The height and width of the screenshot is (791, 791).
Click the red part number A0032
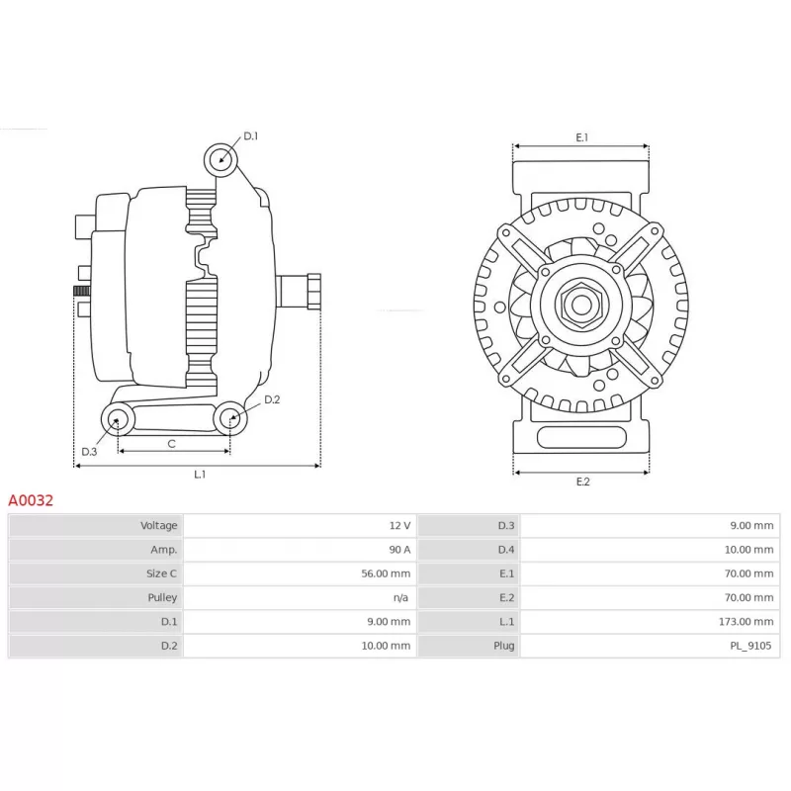[31, 500]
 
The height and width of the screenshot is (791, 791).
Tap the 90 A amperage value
[399, 550]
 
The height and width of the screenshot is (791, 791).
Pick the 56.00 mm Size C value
[386, 573]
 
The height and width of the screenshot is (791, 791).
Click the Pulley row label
[162, 598]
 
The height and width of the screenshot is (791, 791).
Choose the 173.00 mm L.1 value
[747, 622]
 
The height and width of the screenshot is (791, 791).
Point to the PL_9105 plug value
[750, 646]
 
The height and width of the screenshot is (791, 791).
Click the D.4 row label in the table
[506, 550]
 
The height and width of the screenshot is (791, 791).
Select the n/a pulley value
[401, 598]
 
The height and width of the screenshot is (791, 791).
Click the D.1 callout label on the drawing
[251, 135]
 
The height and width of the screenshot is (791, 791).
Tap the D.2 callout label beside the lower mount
[272, 399]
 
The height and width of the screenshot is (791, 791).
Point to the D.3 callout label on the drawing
[89, 452]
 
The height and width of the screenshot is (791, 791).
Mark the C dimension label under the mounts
[171, 444]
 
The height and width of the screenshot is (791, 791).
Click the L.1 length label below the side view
[200, 475]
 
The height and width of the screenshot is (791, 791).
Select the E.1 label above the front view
[582, 137]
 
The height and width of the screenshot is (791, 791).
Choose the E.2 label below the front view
[582, 482]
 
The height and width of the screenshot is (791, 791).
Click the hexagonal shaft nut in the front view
[581, 305]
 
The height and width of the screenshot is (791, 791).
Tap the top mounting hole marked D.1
[220, 160]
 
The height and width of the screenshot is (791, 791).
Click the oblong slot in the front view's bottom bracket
[581, 437]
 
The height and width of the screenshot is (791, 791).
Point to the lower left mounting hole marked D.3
[118, 419]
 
